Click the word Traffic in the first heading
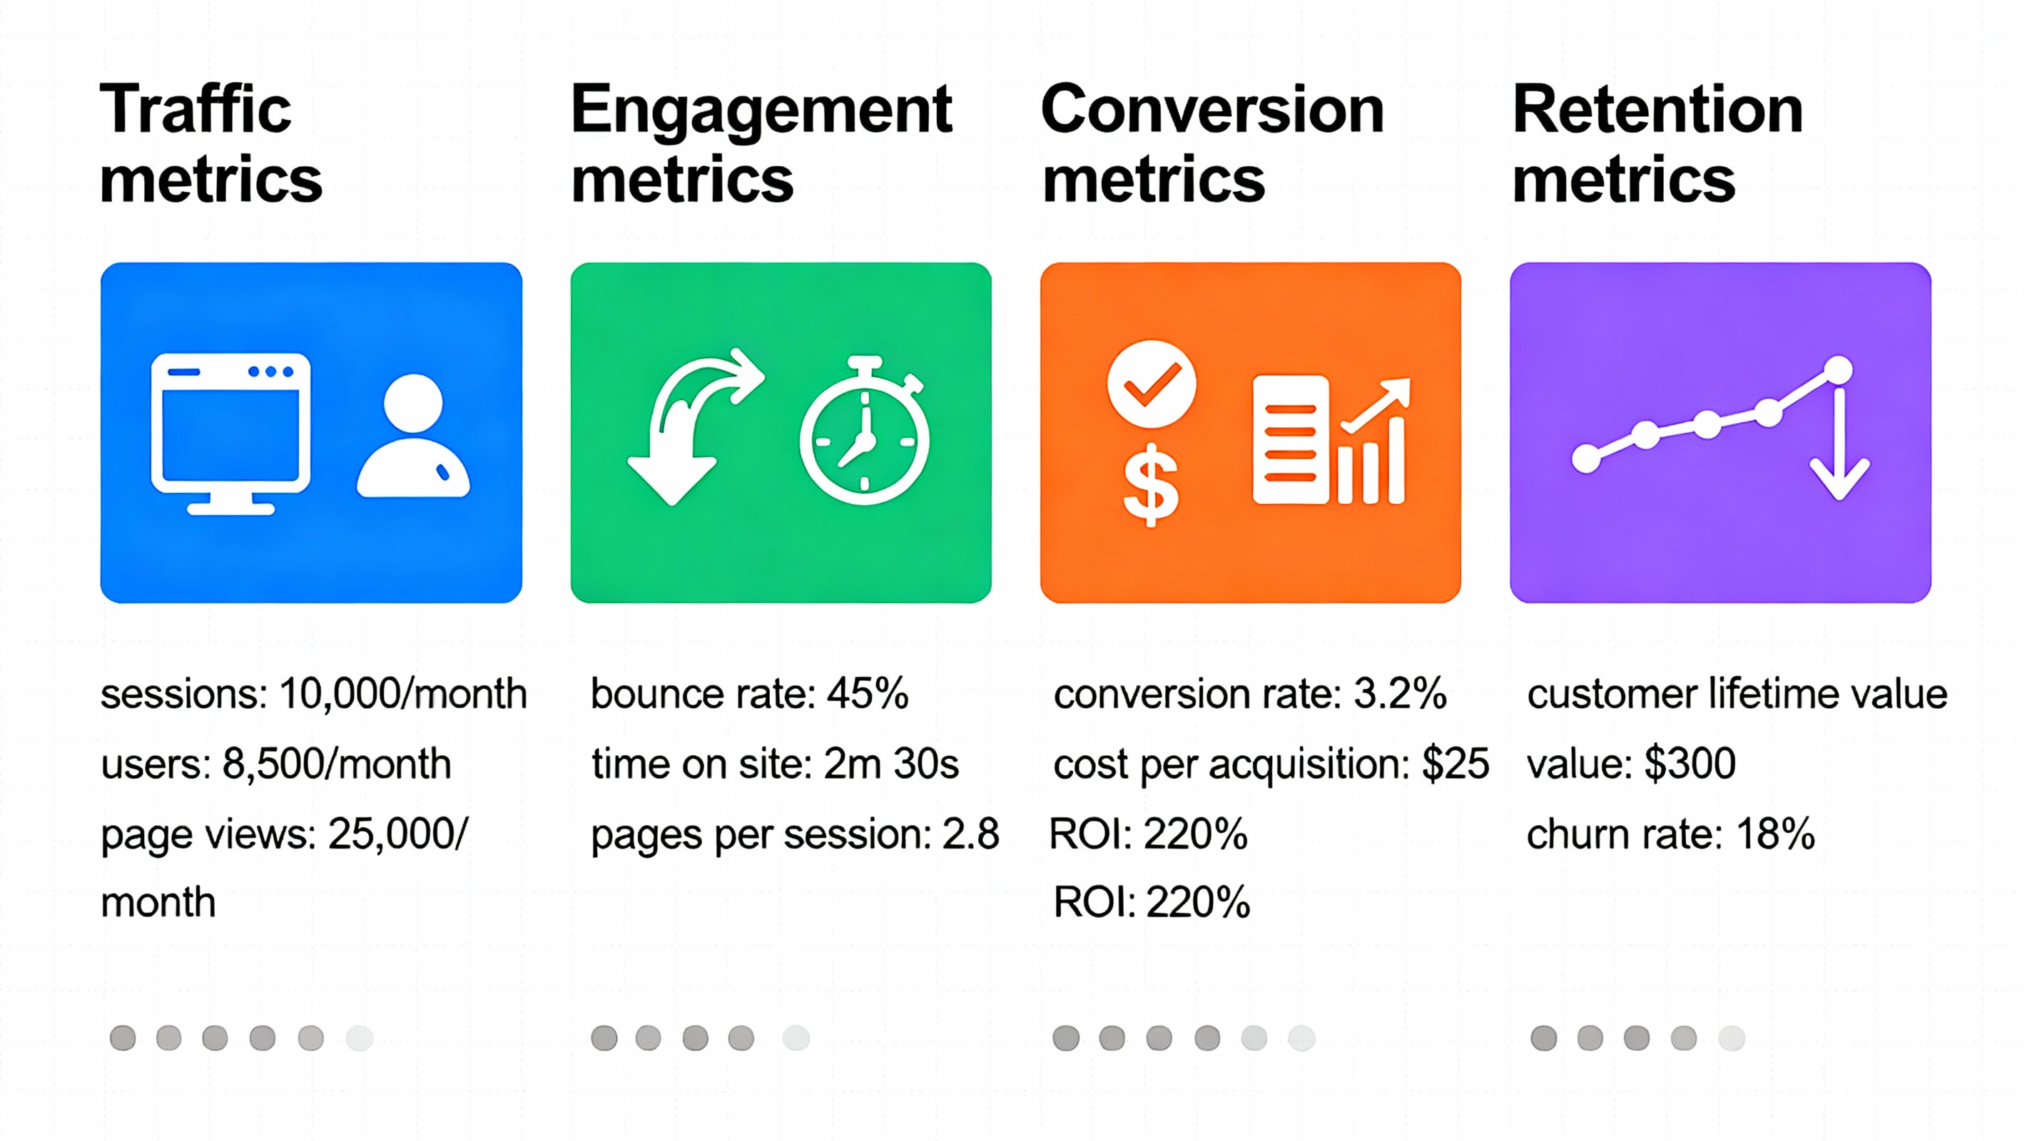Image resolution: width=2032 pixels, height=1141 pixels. point(195,110)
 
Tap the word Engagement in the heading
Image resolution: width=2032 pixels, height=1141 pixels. point(761,111)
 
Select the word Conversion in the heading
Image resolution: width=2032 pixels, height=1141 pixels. point(1211,110)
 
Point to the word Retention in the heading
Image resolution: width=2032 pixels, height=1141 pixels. point(1657,110)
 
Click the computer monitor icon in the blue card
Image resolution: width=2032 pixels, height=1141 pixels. point(230,432)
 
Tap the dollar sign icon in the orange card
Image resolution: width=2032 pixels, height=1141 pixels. point(1151,485)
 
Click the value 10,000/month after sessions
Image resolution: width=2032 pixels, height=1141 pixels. point(403,694)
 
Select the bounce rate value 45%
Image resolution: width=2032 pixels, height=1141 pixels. point(867,694)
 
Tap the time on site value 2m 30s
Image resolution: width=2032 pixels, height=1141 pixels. point(890,763)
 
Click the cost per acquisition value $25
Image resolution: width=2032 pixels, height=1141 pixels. point(1455,763)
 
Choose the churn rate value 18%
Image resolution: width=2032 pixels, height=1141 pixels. point(1775,834)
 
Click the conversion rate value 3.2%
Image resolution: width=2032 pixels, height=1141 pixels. point(1399,694)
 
